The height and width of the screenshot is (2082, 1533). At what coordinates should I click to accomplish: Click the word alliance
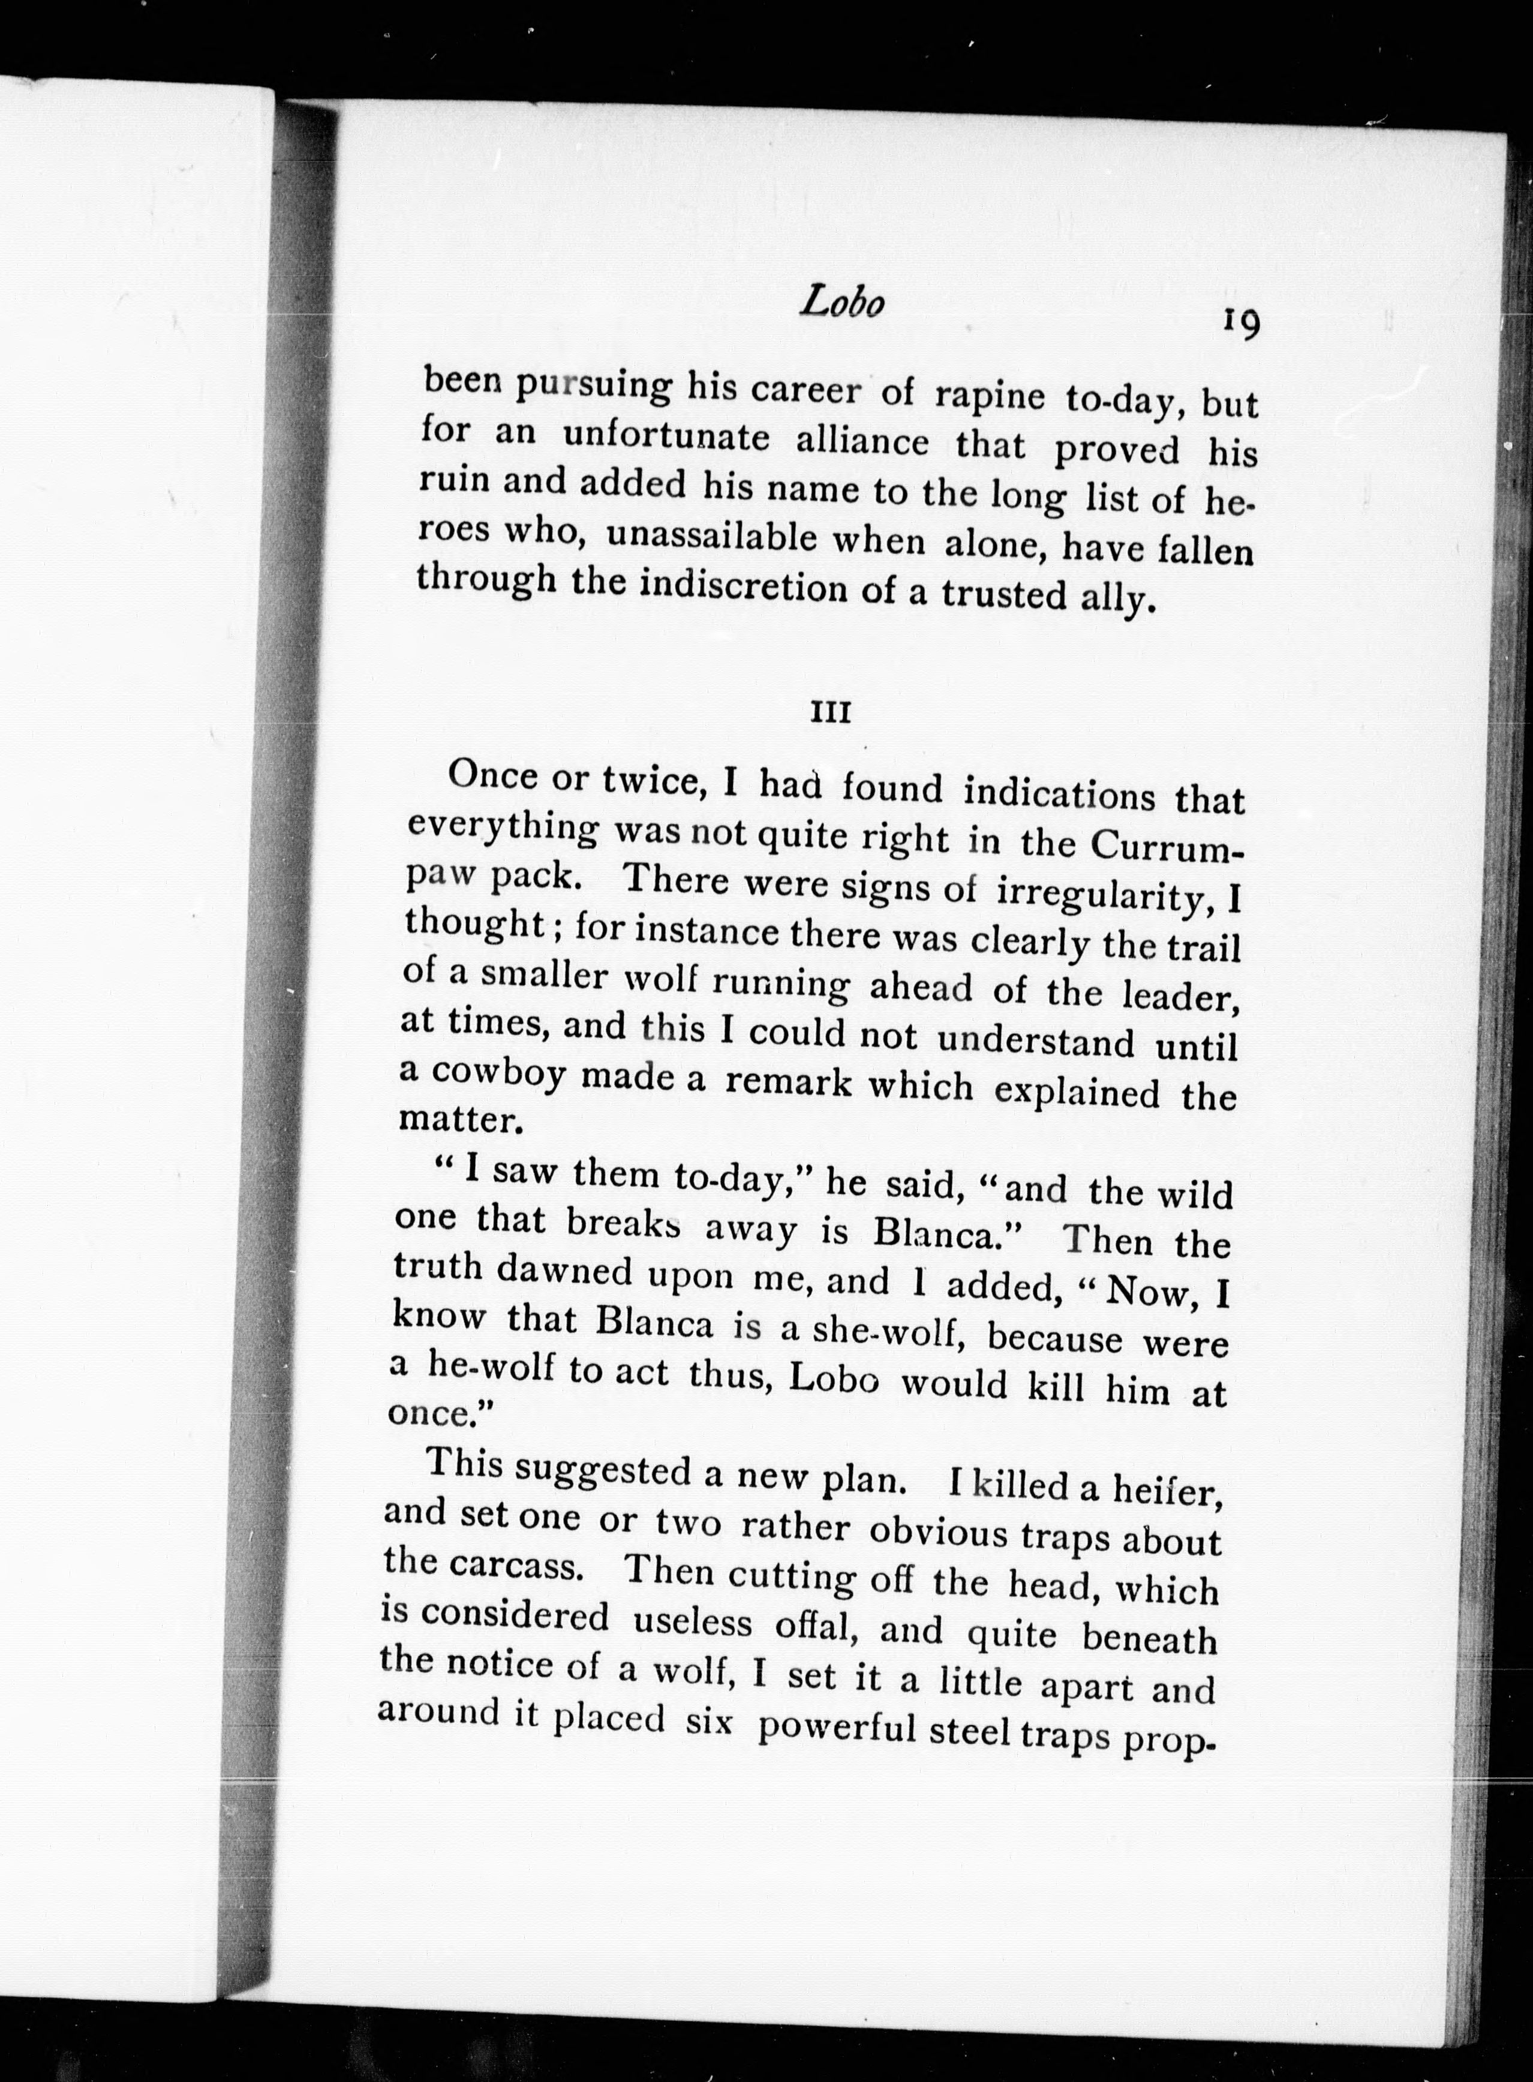862,441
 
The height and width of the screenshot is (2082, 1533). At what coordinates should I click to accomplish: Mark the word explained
1077,1092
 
